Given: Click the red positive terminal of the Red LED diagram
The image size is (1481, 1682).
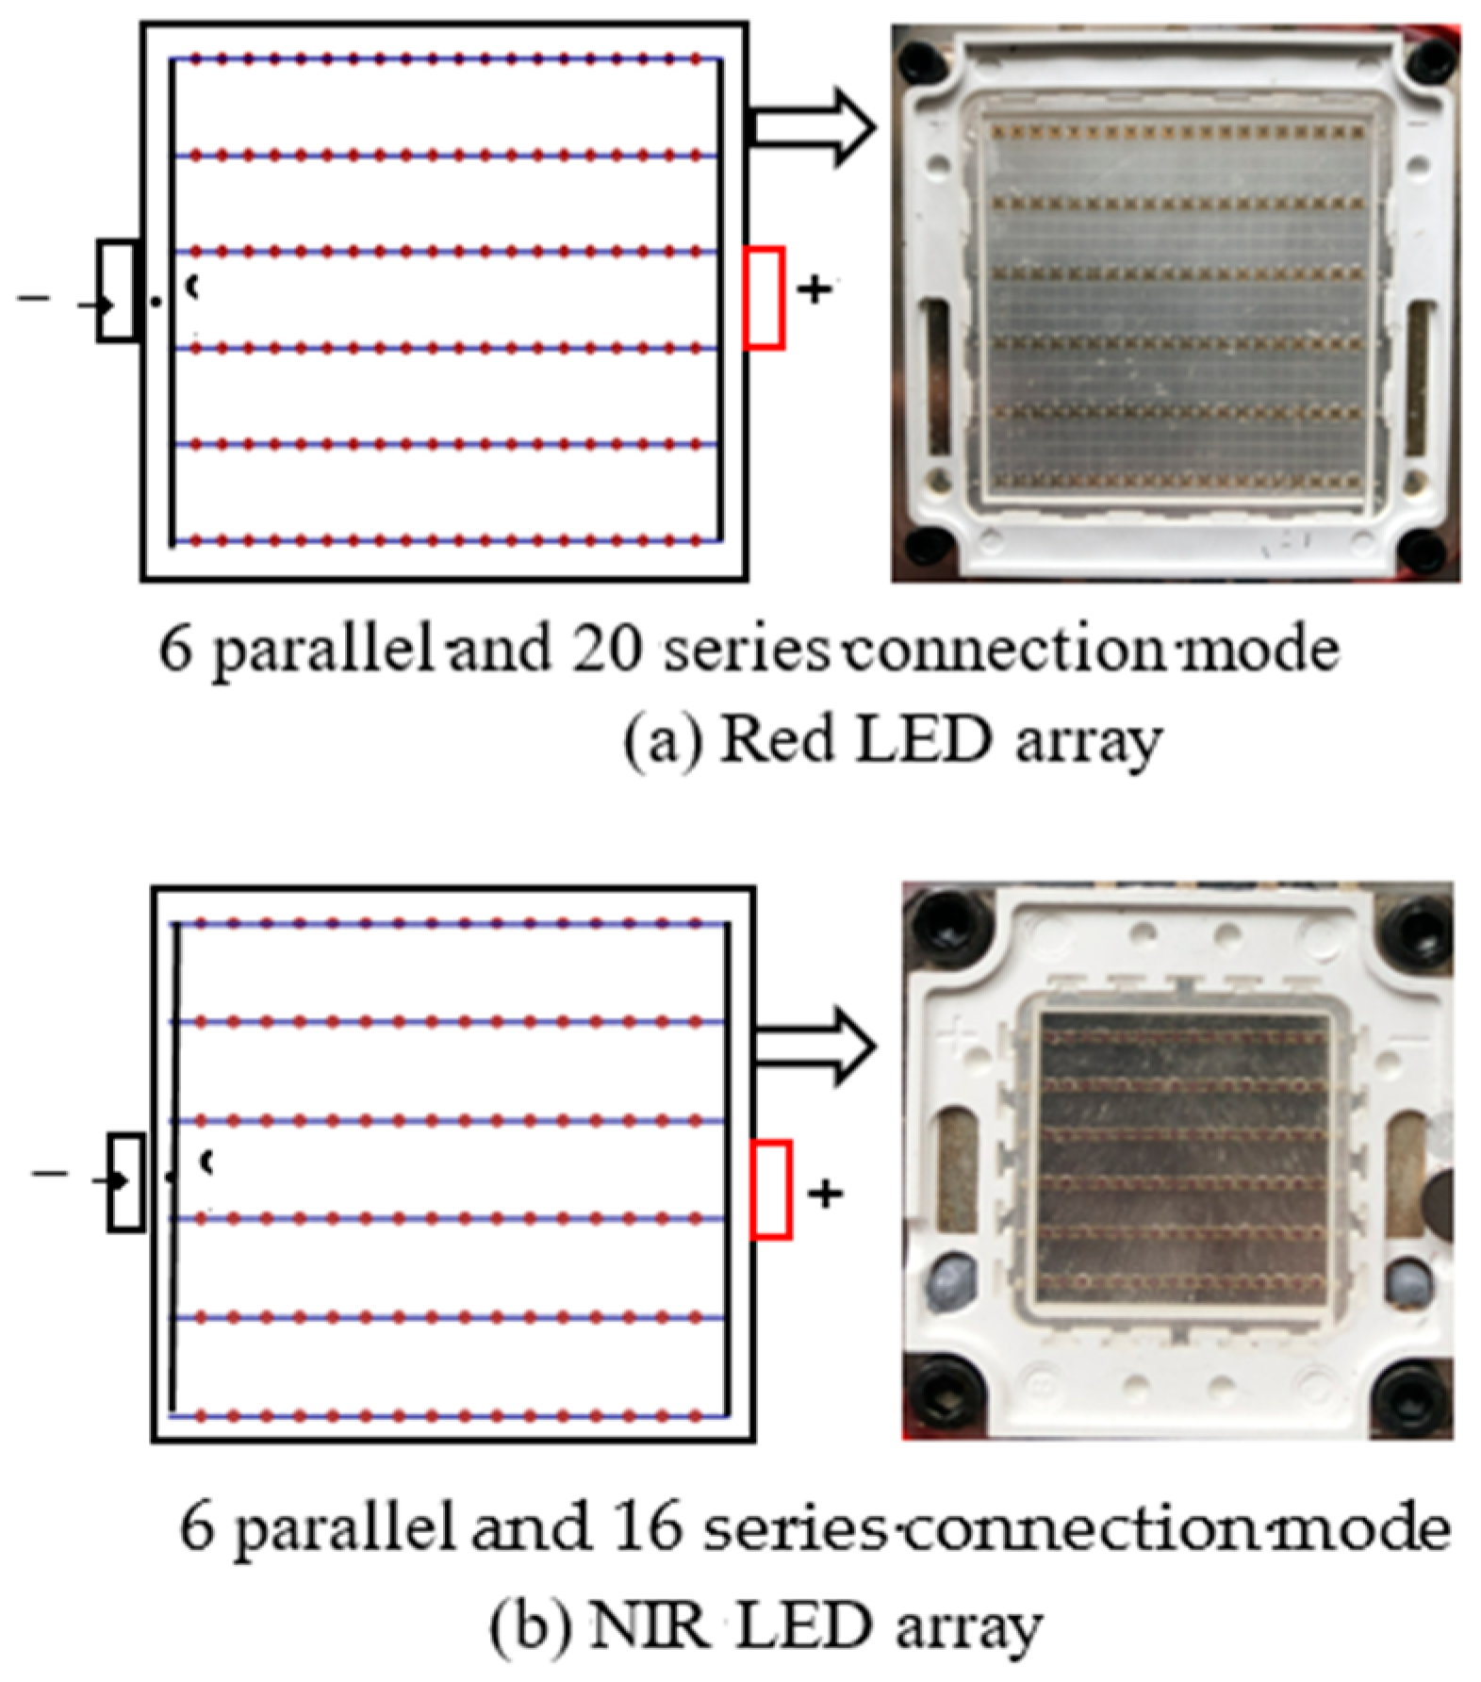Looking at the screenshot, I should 764,298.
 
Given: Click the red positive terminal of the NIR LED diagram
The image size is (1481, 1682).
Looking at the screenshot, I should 771,1189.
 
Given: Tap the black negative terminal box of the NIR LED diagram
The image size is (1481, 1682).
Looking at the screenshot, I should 126,1182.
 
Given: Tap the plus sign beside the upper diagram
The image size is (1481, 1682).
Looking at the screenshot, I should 815,289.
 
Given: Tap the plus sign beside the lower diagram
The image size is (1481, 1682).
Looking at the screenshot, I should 825,1194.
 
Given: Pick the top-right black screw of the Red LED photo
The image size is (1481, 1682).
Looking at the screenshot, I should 1430,59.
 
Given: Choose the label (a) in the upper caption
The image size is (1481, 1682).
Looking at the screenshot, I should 663,742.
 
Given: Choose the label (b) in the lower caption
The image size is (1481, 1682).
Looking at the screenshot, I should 528,1628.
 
